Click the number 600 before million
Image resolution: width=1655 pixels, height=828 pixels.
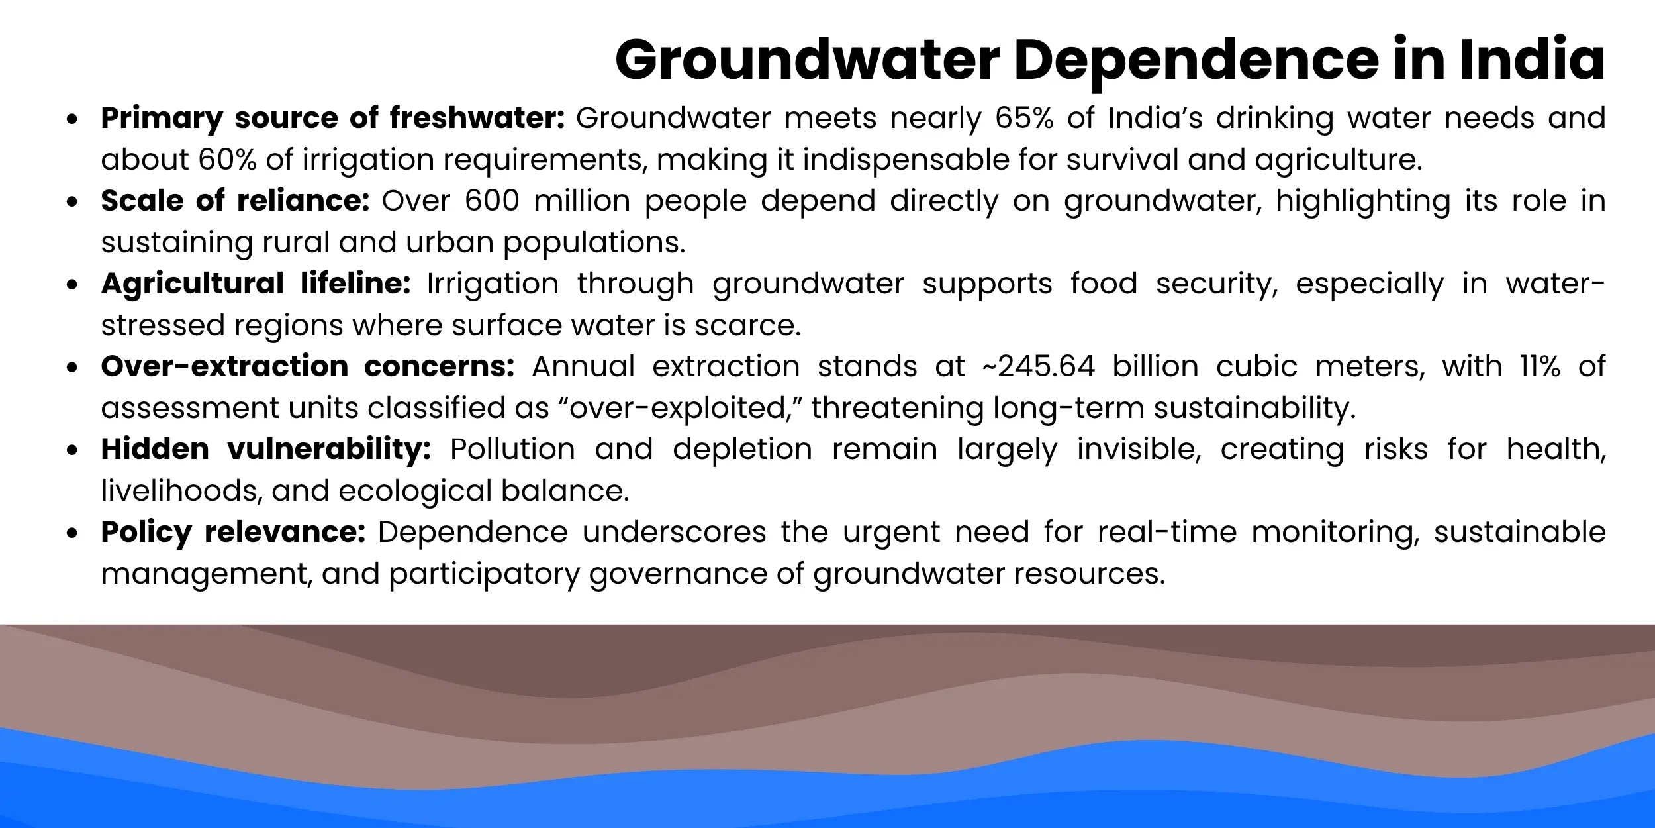tap(492, 201)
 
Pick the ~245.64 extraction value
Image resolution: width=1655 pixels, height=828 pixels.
tap(1039, 366)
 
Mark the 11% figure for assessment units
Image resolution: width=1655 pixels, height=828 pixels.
tap(1540, 366)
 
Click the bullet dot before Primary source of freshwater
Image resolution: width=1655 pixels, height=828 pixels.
tap(72, 119)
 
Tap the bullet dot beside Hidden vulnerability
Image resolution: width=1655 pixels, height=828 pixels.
tap(72, 450)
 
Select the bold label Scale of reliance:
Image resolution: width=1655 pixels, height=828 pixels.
tap(235, 201)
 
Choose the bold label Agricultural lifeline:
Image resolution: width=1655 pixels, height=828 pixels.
tap(256, 284)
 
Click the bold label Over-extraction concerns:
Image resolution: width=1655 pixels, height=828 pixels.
tap(307, 366)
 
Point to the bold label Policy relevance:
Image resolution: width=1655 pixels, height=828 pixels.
tap(233, 532)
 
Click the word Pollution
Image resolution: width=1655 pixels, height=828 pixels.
tap(512, 449)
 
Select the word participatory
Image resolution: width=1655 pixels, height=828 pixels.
tap(485, 574)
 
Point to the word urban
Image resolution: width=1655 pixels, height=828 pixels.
tap(450, 242)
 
